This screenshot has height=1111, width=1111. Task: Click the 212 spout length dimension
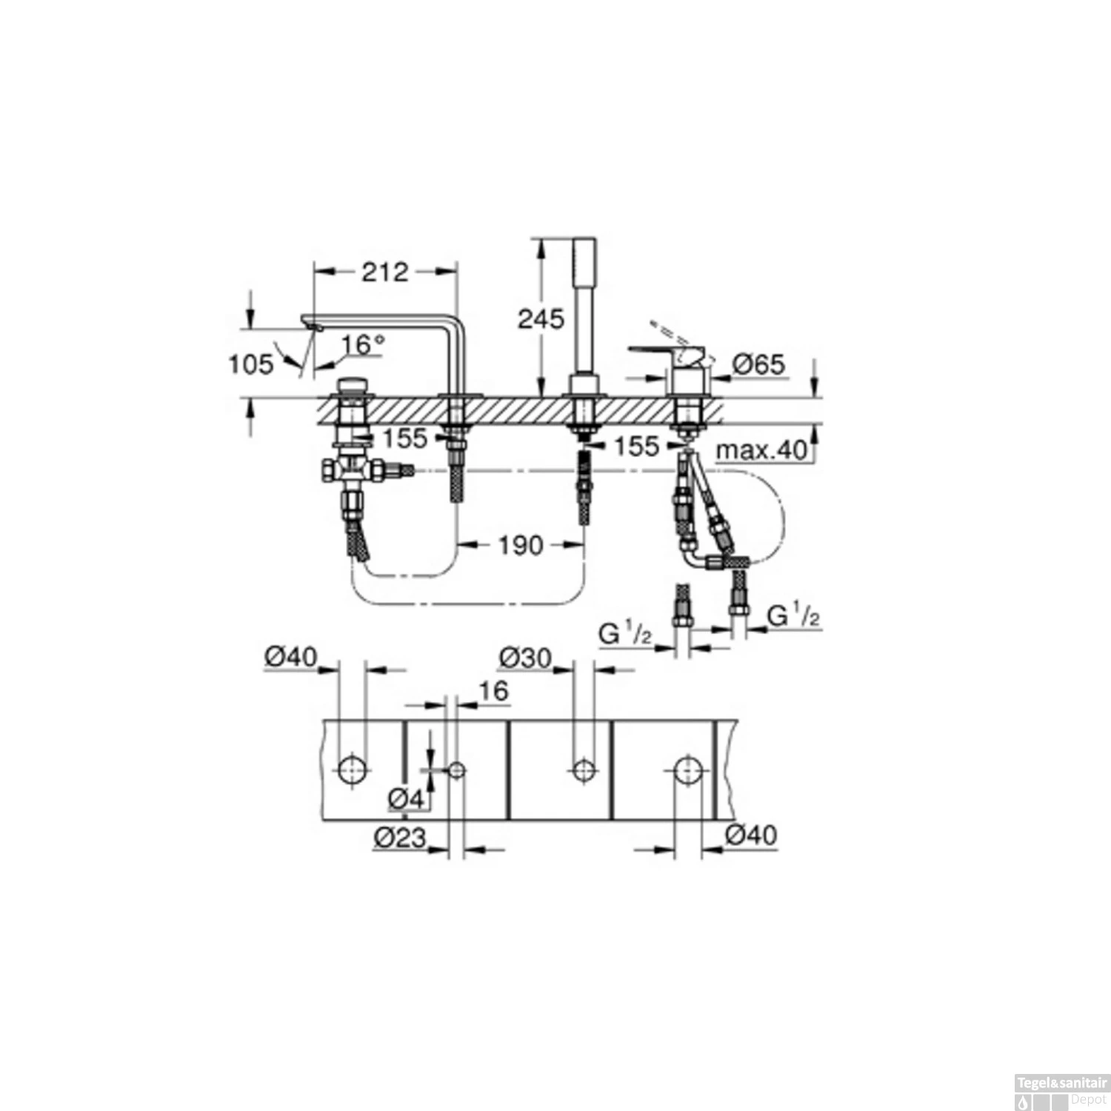point(384,272)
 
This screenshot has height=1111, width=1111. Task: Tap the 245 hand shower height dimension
point(541,319)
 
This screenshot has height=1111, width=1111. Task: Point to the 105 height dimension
point(251,364)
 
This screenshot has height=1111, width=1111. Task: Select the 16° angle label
point(364,344)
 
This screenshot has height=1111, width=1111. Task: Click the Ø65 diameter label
point(758,364)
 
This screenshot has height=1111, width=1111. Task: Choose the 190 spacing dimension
point(521,546)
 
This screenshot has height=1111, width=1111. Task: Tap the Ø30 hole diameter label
point(525,658)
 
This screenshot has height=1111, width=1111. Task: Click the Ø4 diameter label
point(407,799)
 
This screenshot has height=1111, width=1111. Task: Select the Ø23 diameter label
point(400,838)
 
